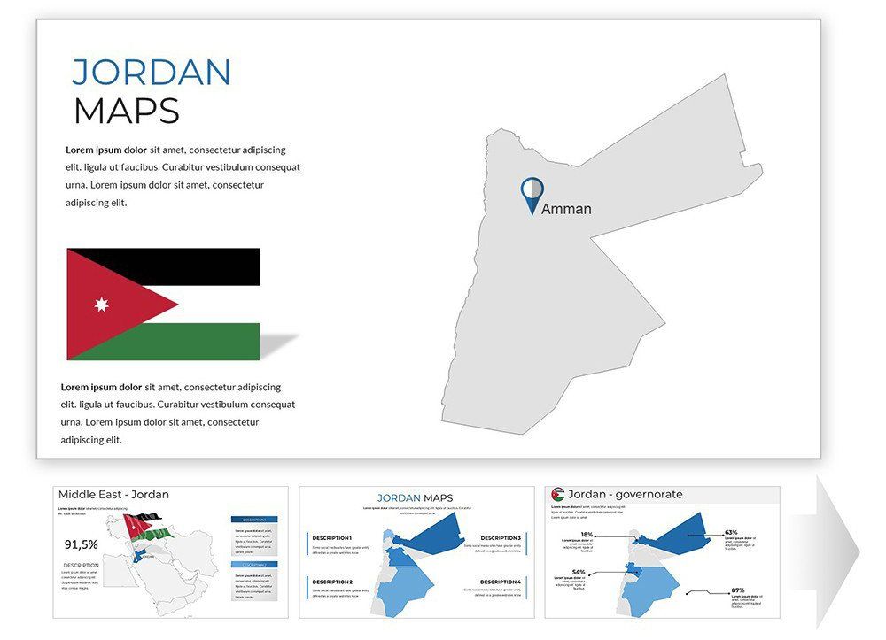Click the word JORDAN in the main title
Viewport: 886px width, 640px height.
(x=152, y=72)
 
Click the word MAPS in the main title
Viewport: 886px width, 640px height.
(x=127, y=111)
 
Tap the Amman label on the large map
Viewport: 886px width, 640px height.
(x=566, y=209)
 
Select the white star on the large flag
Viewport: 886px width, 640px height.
(x=101, y=305)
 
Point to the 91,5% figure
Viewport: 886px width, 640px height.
(x=82, y=544)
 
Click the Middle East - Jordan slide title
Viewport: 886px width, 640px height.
(x=113, y=495)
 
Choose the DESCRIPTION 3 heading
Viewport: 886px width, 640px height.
(x=501, y=537)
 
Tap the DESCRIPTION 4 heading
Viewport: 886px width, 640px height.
(x=501, y=582)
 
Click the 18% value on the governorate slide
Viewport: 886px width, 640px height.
(x=587, y=535)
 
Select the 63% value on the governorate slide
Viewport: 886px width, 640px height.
(x=731, y=533)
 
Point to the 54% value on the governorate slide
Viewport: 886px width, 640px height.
(x=579, y=572)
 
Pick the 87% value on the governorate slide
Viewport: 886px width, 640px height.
(x=737, y=590)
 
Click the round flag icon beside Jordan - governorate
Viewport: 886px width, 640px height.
(x=557, y=495)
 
